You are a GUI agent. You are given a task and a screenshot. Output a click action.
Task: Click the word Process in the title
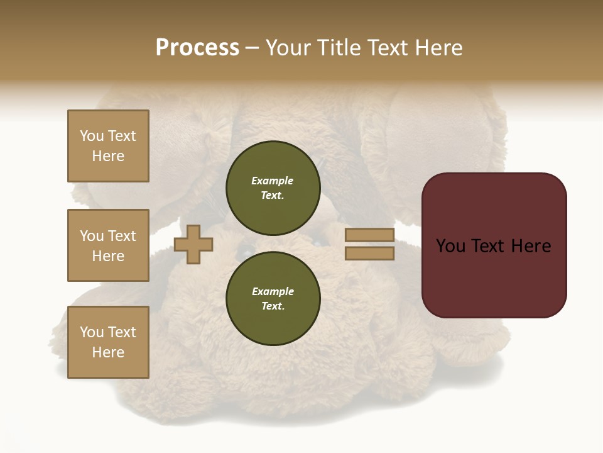coord(197,48)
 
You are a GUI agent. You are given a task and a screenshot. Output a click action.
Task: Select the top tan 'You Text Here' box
coord(108,146)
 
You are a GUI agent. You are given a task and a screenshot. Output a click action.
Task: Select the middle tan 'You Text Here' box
coord(108,245)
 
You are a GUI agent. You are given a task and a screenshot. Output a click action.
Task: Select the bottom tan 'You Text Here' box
coord(108,342)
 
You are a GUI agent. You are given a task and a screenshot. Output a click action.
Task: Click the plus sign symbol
coord(193,245)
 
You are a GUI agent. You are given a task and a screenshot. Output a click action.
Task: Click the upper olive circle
coord(273,187)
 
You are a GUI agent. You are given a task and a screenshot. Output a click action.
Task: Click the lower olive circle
coord(273,298)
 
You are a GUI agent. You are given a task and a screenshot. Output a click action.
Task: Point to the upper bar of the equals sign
coord(369,235)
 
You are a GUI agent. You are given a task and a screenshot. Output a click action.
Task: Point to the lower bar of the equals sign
coord(369,254)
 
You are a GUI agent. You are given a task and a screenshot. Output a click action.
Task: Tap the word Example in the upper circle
coord(272,181)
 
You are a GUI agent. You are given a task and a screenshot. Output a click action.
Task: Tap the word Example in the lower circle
coord(273,291)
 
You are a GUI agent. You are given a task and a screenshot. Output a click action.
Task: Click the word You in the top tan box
coord(92,136)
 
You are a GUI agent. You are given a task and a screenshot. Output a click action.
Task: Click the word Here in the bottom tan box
coord(108,352)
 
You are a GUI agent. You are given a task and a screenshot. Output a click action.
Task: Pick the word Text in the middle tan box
coord(122,236)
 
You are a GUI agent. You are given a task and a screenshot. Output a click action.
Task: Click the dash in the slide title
coord(252,48)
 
